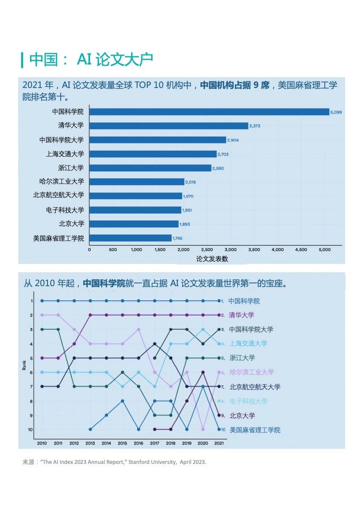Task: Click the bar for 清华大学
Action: (169, 126)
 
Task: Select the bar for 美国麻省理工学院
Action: (130, 238)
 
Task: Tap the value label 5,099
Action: (336, 112)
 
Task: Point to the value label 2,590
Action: (218, 168)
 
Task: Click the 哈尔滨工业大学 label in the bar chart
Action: (61, 182)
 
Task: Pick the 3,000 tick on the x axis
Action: (231, 250)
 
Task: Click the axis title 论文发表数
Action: (212, 259)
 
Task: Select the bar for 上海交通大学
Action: (153, 154)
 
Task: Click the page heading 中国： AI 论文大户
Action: (91, 60)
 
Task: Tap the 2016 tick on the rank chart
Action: (139, 443)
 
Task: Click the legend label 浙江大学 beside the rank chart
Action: (242, 358)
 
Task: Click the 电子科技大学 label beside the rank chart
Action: (248, 401)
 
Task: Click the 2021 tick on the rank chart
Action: (219, 443)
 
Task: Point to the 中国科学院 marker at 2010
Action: (42, 301)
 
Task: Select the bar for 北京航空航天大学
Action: (136, 196)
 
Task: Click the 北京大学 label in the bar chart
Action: (71, 224)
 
